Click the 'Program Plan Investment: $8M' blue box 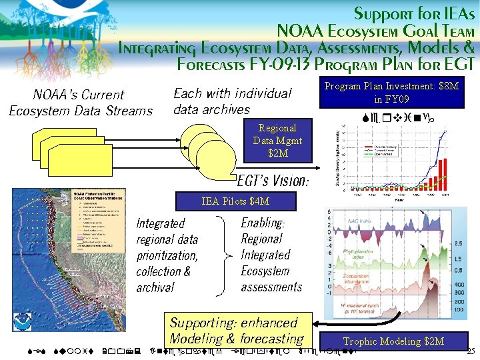coord(391,93)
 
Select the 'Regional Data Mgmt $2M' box coord(277,141)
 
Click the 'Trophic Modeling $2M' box coord(393,341)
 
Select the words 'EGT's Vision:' coord(273,180)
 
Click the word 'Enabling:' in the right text coord(263,223)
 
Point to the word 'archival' coord(155,288)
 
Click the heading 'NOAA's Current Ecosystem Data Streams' coord(80,103)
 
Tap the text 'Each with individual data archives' coord(232,101)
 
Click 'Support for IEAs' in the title coord(414,13)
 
